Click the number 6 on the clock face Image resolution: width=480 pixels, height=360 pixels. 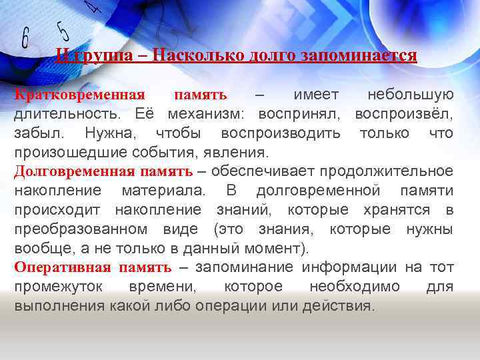click(x=26, y=38)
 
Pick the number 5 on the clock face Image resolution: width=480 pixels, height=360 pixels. click(x=63, y=29)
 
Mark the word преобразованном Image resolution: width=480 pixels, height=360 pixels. click(x=81, y=229)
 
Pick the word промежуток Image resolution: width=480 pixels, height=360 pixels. click(x=55, y=287)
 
